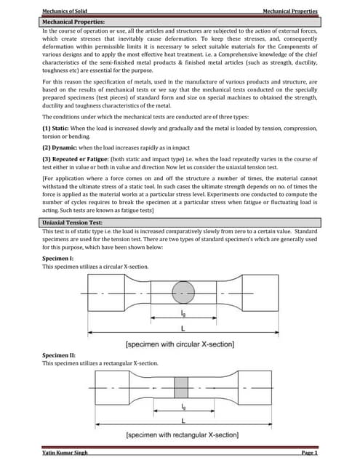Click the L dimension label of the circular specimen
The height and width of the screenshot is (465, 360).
183,329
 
